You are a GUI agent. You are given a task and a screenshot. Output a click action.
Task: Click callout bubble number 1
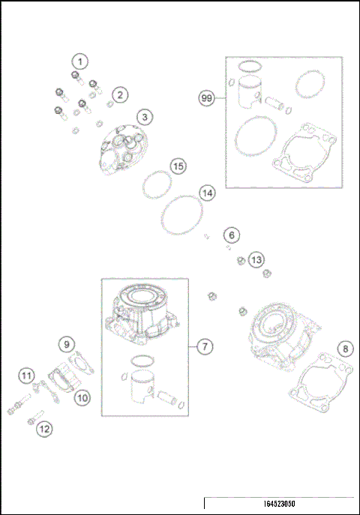tap(80, 61)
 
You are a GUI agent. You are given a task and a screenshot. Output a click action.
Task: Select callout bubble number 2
tap(119, 95)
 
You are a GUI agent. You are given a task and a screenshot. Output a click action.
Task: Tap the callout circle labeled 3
tap(145, 116)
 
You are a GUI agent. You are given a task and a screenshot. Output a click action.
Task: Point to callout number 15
tap(177, 166)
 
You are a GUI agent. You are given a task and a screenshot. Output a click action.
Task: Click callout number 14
tap(208, 193)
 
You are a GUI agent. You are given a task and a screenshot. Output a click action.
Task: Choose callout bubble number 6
tap(232, 235)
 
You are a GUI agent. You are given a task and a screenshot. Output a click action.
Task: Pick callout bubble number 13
tap(256, 259)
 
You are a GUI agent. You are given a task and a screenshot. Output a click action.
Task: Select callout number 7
tap(204, 346)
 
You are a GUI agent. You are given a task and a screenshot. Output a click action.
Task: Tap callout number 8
tap(344, 349)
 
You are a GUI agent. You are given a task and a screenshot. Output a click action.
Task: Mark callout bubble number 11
tap(26, 375)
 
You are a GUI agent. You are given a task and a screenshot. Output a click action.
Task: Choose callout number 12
tap(44, 429)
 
